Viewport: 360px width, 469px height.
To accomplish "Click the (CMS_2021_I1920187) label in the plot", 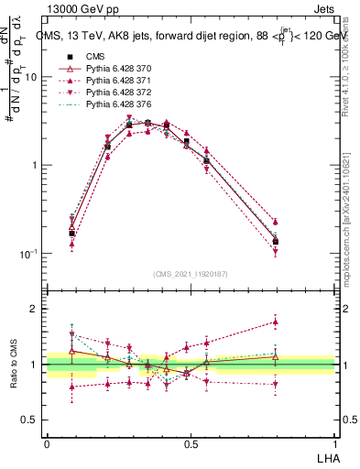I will (190, 274).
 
